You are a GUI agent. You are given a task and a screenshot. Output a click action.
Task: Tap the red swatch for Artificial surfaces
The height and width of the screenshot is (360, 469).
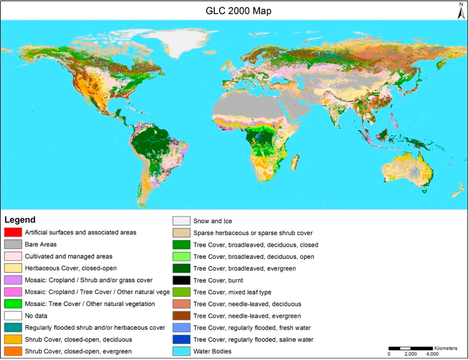point(12,232)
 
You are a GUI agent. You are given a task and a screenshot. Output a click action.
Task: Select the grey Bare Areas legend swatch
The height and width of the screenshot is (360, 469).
point(12,244)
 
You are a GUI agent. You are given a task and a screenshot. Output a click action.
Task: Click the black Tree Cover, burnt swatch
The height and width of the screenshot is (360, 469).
point(181,280)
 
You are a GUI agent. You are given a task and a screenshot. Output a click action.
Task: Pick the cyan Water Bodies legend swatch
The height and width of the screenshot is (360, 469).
point(181,352)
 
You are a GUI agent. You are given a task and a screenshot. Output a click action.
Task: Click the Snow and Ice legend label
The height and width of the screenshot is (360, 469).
point(213,221)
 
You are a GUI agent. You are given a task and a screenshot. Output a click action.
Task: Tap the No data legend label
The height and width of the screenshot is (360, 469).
point(36,316)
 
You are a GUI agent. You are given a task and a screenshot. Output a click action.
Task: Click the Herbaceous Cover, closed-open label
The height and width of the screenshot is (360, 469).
point(71,268)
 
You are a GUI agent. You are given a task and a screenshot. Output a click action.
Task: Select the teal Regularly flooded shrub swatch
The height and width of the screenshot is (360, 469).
point(12,327)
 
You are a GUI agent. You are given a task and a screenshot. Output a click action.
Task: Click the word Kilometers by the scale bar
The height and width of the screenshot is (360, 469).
point(445,349)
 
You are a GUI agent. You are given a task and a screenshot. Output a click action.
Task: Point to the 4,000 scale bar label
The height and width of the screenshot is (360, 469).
point(432,354)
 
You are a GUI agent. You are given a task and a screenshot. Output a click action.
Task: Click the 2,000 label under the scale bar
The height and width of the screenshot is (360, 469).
point(410,354)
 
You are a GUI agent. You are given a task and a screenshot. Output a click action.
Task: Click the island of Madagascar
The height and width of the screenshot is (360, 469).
point(295,161)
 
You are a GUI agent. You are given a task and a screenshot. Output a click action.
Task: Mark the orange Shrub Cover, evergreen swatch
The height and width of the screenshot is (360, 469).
point(12,351)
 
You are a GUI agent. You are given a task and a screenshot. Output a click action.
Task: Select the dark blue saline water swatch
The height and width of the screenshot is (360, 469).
point(181,340)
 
